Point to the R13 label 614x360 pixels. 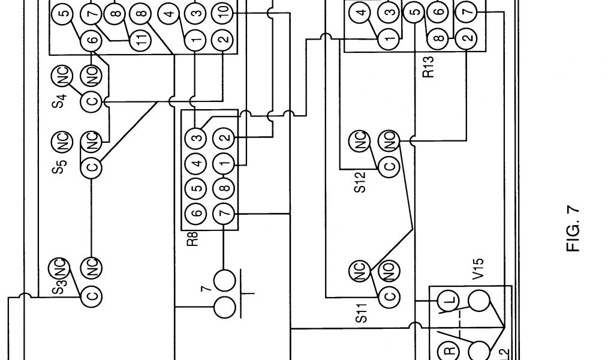[428, 67]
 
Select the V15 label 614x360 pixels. [478, 269]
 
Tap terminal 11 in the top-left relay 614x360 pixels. [139, 41]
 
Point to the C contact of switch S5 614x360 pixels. [92, 167]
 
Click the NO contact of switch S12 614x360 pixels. [390, 141]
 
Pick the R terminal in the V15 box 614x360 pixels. [447, 350]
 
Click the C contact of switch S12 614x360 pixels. [390, 167]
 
